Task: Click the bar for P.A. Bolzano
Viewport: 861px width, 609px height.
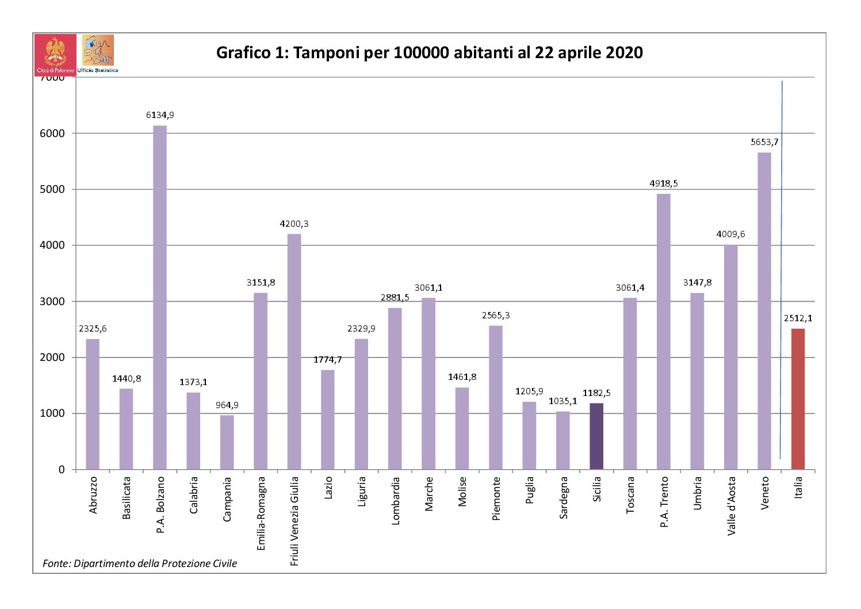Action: pos(160,297)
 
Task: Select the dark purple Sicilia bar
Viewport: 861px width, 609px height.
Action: pos(596,436)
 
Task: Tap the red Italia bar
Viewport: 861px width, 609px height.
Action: pos(798,399)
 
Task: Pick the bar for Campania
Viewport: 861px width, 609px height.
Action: pos(227,442)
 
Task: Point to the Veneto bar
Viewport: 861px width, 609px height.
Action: pos(764,311)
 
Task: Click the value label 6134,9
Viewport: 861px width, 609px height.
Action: pos(160,115)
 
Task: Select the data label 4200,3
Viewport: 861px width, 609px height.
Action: pos(294,224)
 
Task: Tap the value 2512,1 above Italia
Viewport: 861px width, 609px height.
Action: pos(798,318)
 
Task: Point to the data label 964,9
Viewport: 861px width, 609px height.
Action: pos(227,405)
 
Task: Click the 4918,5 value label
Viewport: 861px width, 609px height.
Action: pos(664,184)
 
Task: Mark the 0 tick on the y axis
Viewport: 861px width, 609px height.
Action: pos(62,470)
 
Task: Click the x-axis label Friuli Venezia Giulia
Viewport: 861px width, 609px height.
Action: pos(294,521)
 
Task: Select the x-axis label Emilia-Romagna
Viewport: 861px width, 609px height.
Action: pos(261,513)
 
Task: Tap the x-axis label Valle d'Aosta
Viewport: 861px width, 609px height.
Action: pos(732,505)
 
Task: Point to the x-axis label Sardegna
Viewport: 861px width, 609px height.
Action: pos(564,497)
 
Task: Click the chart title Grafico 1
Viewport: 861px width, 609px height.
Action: pos(429,53)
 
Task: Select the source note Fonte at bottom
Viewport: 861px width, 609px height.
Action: pos(140,564)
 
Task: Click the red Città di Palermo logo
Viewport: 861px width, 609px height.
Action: pos(55,54)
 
